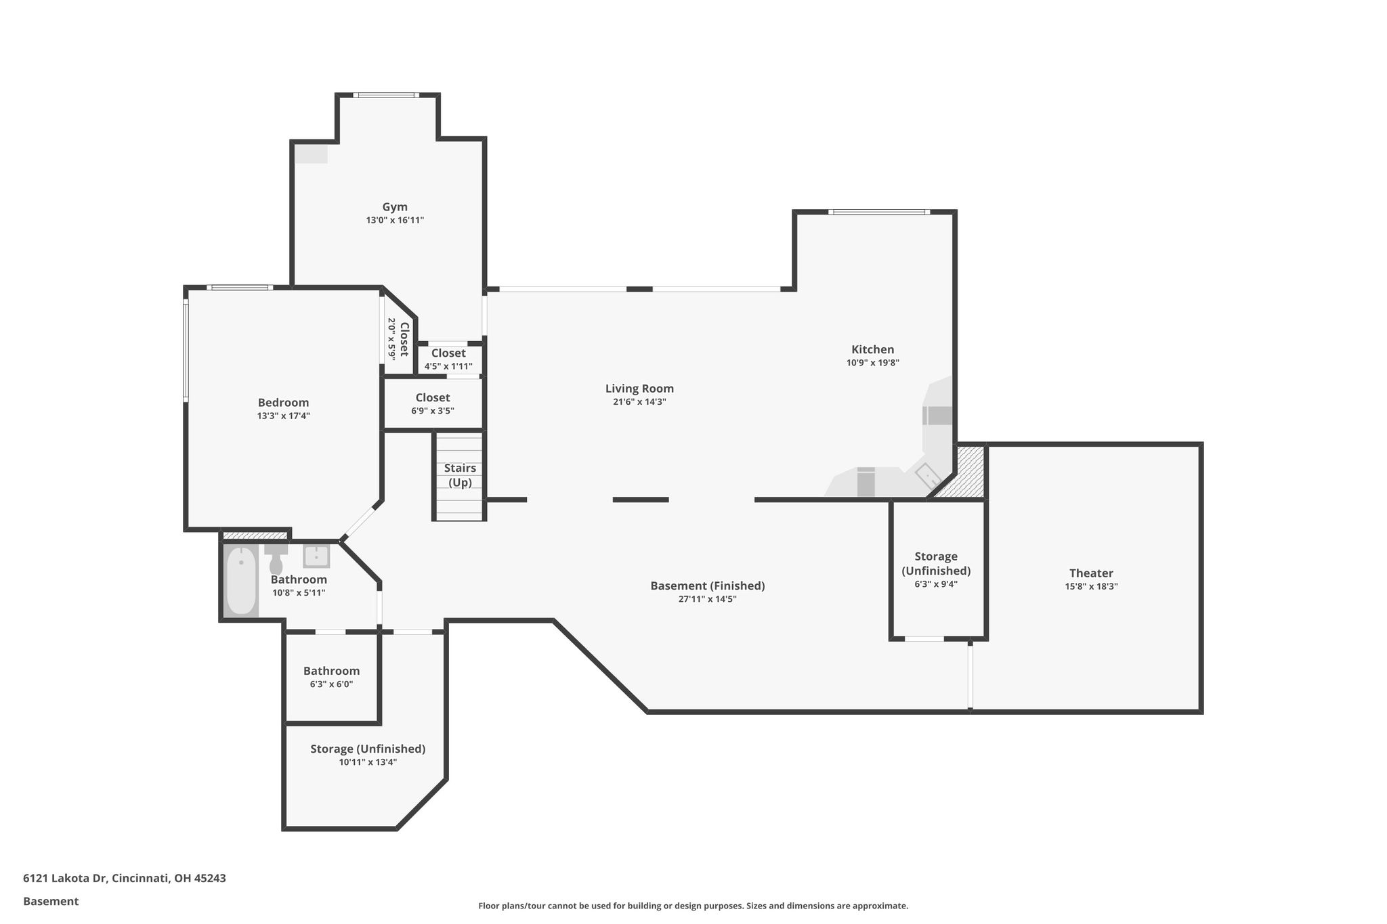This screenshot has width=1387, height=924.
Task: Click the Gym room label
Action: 395,207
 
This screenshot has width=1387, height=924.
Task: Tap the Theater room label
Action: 1091,573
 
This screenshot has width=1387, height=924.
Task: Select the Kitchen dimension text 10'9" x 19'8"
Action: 873,363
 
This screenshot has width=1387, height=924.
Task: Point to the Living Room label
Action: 639,389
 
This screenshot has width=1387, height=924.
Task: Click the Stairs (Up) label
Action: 460,475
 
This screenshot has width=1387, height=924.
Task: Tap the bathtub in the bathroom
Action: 241,581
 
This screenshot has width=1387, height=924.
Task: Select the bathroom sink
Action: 316,556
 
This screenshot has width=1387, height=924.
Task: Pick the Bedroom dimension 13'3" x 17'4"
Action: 283,416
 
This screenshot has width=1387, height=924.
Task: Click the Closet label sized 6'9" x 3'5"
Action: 433,397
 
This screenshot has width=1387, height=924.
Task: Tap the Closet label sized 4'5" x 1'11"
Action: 448,353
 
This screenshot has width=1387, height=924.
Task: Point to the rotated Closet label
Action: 404,339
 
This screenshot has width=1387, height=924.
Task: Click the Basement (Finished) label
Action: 708,586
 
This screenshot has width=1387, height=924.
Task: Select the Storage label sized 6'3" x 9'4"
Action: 936,563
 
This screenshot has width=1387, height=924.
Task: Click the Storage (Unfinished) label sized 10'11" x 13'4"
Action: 368,749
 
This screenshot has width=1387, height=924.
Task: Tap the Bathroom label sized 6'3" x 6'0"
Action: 331,671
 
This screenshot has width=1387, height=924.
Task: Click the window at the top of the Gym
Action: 386,95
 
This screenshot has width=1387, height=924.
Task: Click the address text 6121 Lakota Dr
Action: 65,878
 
